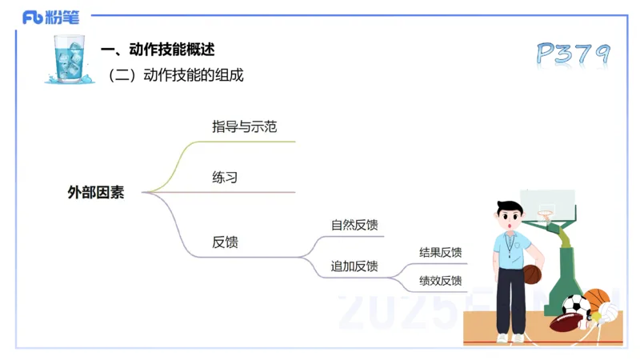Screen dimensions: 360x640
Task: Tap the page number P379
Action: (572, 54)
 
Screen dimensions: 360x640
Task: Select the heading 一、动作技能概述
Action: (158, 50)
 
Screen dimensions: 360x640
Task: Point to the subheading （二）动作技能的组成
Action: (176, 76)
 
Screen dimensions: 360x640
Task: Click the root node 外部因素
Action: (96, 192)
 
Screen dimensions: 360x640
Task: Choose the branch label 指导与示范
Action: (244, 126)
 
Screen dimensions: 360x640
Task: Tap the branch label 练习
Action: (225, 177)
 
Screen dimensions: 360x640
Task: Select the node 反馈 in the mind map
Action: (225, 242)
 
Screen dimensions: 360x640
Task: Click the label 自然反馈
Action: (354, 225)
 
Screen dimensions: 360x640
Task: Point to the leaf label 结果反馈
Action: (440, 253)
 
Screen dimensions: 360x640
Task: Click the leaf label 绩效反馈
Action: (440, 281)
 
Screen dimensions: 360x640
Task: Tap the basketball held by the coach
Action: (532, 274)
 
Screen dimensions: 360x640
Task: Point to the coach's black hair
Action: (509, 210)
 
